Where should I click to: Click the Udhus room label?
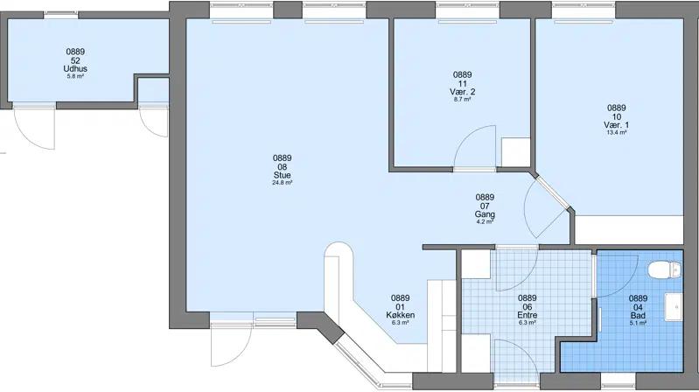click(x=75, y=68)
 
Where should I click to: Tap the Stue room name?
click(x=283, y=175)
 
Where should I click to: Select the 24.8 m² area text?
click(x=283, y=182)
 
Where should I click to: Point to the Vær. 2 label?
click(x=462, y=92)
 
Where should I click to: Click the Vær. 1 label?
click(x=617, y=125)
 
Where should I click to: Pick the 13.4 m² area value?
click(x=617, y=132)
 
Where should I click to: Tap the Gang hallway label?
click(x=485, y=214)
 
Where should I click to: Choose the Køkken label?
click(x=401, y=315)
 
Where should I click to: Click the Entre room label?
click(x=528, y=315)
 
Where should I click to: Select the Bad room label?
click(x=638, y=315)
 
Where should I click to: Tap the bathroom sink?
click(x=674, y=307)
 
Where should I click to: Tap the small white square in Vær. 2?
click(x=516, y=152)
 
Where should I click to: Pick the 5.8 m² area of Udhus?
click(x=75, y=76)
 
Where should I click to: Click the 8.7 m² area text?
click(x=462, y=100)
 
